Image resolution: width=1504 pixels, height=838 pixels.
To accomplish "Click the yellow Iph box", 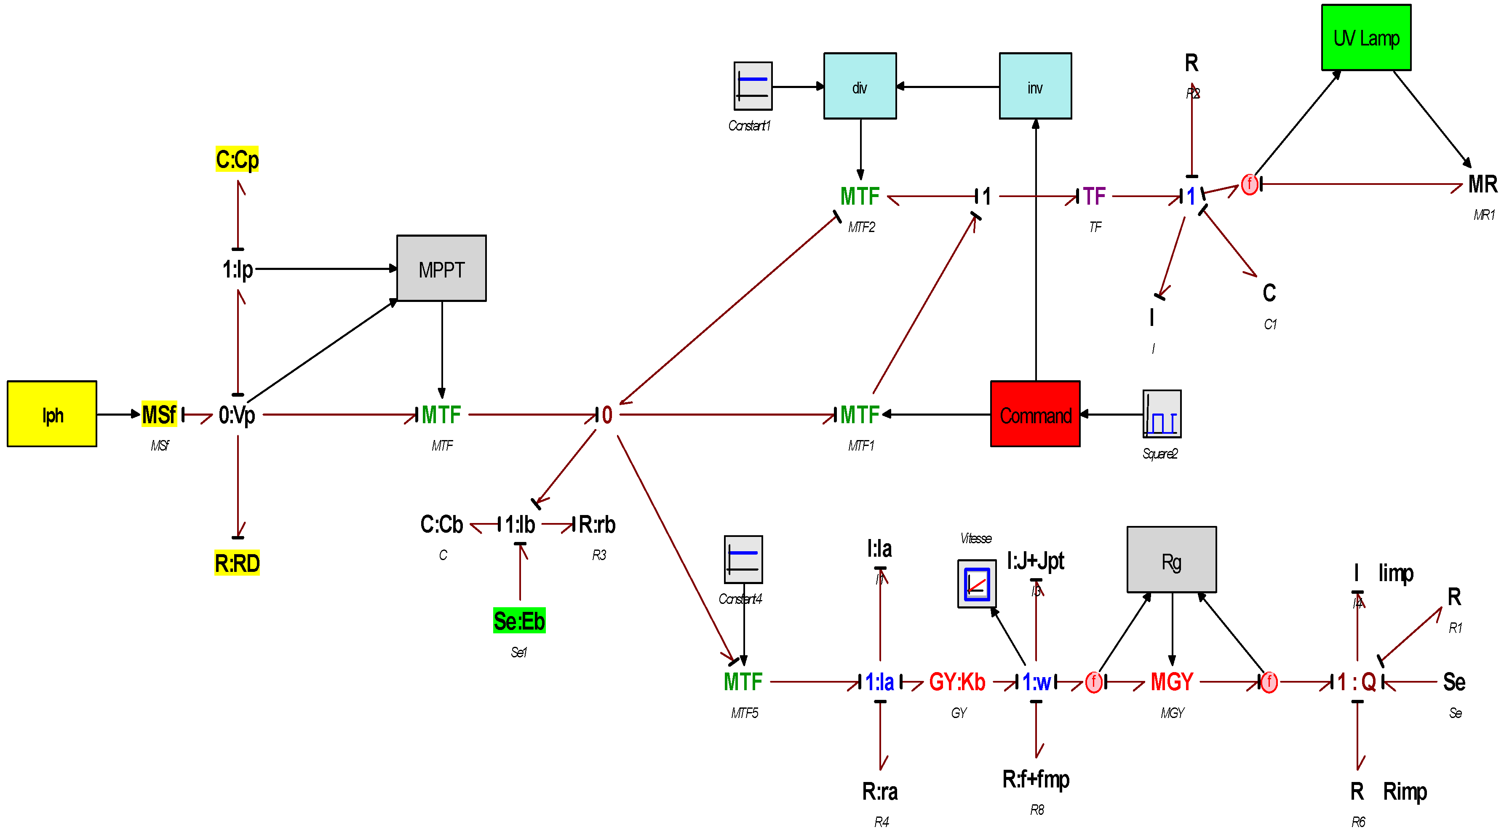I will (52, 414).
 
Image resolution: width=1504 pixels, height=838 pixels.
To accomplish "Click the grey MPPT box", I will (441, 268).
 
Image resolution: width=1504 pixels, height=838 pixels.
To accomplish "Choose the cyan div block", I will (860, 86).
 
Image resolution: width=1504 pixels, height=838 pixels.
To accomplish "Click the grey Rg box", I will (1171, 560).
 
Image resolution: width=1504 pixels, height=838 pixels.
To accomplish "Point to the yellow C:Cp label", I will (237, 159).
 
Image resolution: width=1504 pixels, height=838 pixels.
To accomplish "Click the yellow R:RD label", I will (237, 563).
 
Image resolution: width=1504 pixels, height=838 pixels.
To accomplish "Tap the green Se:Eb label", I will (519, 620).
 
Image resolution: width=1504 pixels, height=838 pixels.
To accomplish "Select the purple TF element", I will (1094, 196).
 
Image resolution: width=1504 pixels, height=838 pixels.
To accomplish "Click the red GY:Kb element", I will (957, 682).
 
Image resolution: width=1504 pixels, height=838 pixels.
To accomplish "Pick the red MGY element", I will (1171, 682).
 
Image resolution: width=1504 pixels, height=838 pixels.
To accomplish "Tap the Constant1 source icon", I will (753, 86).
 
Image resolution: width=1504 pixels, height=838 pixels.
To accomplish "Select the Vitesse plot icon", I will (976, 584).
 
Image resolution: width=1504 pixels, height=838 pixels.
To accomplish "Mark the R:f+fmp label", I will (1035, 779).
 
